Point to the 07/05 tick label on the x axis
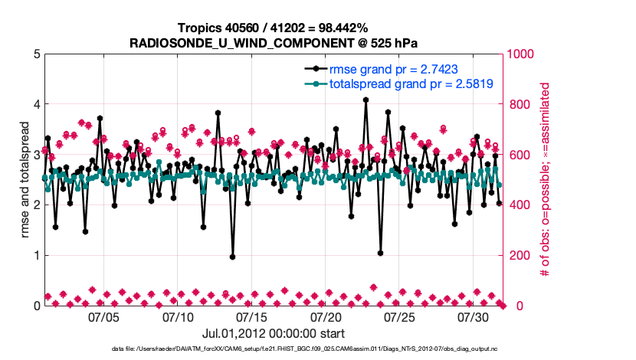click(x=104, y=316)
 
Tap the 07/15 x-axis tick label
click(x=252, y=316)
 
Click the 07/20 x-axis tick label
click(x=326, y=316)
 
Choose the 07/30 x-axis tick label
click(x=474, y=316)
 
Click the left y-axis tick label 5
click(x=35, y=54)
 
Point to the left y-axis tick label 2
click(x=35, y=205)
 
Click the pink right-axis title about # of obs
click(x=546, y=180)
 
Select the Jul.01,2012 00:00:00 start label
click(x=273, y=334)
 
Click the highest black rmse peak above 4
click(x=366, y=100)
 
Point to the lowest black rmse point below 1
click(x=232, y=257)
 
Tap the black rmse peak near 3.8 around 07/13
click(x=218, y=113)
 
